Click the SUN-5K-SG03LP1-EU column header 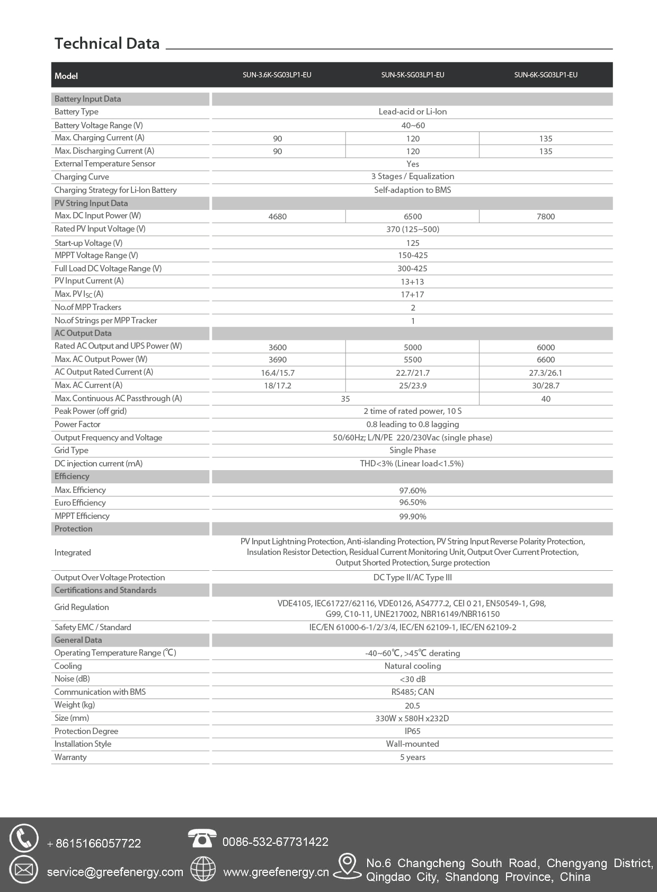pyautogui.click(x=413, y=75)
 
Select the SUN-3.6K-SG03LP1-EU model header pyautogui.click(x=277, y=75)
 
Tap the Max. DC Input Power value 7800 pyautogui.click(x=546, y=216)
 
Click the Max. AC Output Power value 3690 pyautogui.click(x=278, y=359)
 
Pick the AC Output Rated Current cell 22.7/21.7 pyautogui.click(x=413, y=373)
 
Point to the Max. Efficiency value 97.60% pyautogui.click(x=413, y=490)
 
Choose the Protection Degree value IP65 pyautogui.click(x=413, y=731)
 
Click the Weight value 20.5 pyautogui.click(x=413, y=705)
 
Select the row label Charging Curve pyautogui.click(x=82, y=176)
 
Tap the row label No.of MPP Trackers pyautogui.click(x=88, y=307)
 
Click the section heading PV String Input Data pyautogui.click(x=91, y=203)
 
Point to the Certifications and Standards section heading pyautogui.click(x=105, y=590)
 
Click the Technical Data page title pyautogui.click(x=107, y=43)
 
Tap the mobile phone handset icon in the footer pyautogui.click(x=24, y=838)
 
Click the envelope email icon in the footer pyautogui.click(x=24, y=870)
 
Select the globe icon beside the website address pyautogui.click(x=203, y=869)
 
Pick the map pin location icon pyautogui.click(x=347, y=865)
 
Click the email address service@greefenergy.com pyautogui.click(x=115, y=872)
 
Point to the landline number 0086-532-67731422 pyautogui.click(x=276, y=842)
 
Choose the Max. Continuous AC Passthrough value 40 pyautogui.click(x=546, y=399)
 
